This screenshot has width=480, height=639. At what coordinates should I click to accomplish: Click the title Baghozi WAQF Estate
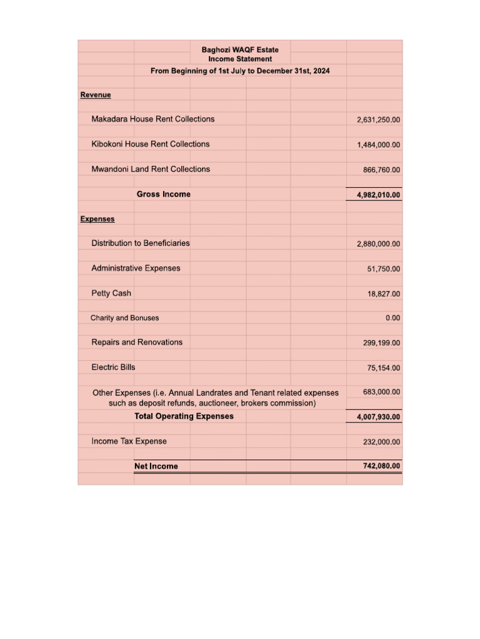click(x=240, y=49)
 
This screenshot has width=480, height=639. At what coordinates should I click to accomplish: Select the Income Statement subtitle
click(x=240, y=59)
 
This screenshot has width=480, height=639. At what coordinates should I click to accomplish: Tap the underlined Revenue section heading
click(x=96, y=95)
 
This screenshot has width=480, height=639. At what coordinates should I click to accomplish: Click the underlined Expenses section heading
click(x=97, y=219)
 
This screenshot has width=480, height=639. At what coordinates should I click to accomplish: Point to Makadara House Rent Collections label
click(x=152, y=119)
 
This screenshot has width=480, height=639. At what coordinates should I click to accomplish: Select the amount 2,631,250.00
click(x=378, y=120)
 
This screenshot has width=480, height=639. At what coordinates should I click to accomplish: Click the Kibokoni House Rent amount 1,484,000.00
click(x=378, y=145)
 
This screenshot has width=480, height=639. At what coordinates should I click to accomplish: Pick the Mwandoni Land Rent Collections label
click(x=151, y=169)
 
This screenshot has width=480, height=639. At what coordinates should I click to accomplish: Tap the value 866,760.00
click(x=381, y=170)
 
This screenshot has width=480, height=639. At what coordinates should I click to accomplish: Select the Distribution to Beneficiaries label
click(x=141, y=243)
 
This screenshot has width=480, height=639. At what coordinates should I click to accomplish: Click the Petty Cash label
click(x=111, y=293)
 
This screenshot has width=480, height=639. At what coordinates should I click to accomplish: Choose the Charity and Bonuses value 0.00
click(x=392, y=318)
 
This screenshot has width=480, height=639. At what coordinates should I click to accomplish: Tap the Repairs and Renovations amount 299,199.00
click(x=381, y=343)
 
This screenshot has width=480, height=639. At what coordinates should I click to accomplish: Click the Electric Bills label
click(x=113, y=368)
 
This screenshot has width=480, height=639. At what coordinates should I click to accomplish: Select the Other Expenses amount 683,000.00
click(x=381, y=392)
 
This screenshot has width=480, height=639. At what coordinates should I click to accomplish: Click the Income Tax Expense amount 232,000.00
click(x=381, y=442)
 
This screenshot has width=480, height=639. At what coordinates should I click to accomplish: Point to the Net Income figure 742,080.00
click(x=381, y=466)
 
